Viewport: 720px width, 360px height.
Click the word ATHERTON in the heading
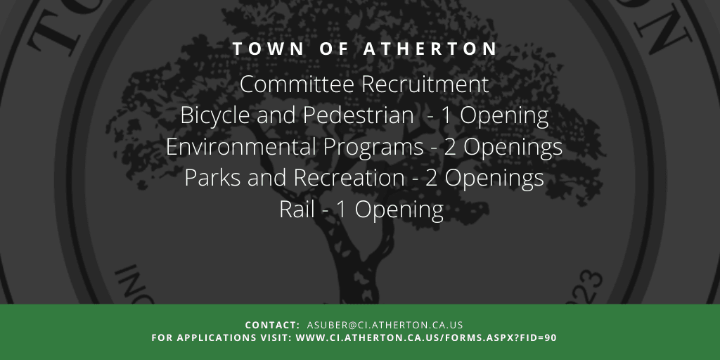click(430, 49)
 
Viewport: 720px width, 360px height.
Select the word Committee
click(297, 84)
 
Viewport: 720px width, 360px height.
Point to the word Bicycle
click(215, 116)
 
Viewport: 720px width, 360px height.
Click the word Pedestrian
click(358, 115)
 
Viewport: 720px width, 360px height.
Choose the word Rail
click(297, 210)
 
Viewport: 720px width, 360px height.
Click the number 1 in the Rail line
click(341, 210)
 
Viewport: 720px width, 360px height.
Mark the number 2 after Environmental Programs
click(450, 148)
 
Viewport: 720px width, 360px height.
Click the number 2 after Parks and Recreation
click(432, 179)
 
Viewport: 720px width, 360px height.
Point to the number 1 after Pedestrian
click(446, 116)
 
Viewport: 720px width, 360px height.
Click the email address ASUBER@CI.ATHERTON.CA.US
click(385, 325)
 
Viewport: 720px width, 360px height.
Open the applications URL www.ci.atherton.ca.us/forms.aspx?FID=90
click(426, 338)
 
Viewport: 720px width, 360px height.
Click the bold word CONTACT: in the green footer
click(272, 325)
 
